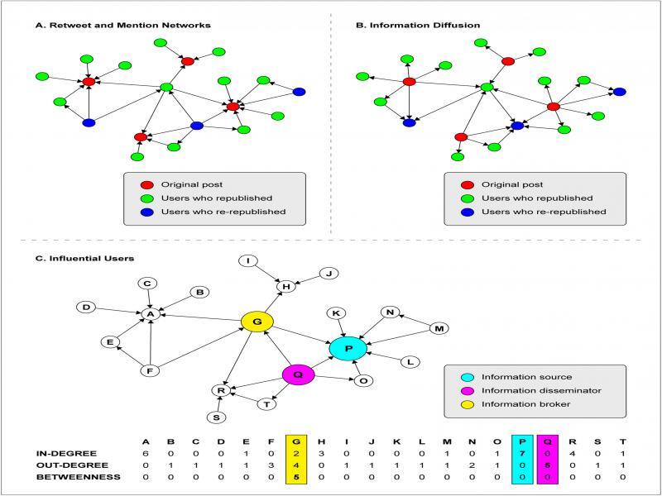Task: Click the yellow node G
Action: pos(257,321)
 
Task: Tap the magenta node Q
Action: pos(300,374)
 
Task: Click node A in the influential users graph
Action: pos(150,314)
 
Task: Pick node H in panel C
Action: pos(286,286)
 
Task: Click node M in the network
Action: pos(440,329)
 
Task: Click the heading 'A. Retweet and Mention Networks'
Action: pos(123,26)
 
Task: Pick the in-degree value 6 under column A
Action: pos(146,454)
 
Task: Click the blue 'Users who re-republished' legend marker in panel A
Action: pos(146,212)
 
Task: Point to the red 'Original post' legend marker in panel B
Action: pos(468,184)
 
